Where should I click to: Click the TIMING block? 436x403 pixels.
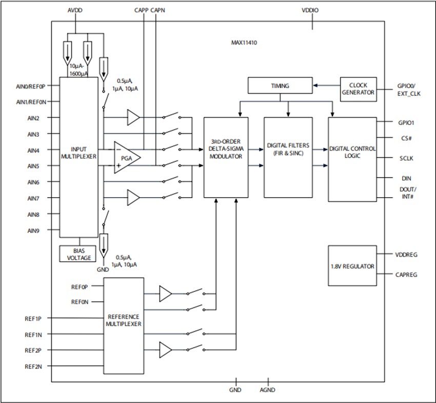pos(280,86)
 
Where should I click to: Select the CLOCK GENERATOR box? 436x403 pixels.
pos(358,89)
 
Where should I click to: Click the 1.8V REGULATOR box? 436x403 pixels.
pos(352,267)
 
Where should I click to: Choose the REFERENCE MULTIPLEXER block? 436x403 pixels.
pos(123,321)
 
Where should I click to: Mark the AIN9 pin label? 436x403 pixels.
pos(33,230)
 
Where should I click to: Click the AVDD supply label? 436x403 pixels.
pos(75,10)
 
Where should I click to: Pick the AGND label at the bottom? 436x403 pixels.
pos(267,390)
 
